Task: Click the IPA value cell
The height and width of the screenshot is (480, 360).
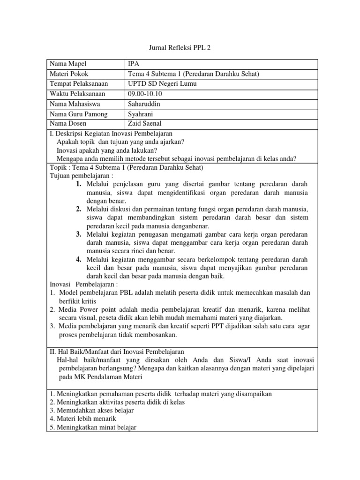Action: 133,64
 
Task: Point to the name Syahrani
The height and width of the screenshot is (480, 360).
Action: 141,114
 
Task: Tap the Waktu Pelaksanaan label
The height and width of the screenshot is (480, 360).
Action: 78,94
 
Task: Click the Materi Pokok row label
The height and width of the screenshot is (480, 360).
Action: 68,74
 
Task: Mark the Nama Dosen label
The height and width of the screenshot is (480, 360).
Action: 68,124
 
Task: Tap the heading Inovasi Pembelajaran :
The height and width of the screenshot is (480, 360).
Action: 84,285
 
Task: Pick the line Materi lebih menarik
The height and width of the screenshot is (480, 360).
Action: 82,418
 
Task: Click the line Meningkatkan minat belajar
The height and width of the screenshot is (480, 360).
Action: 92,427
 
